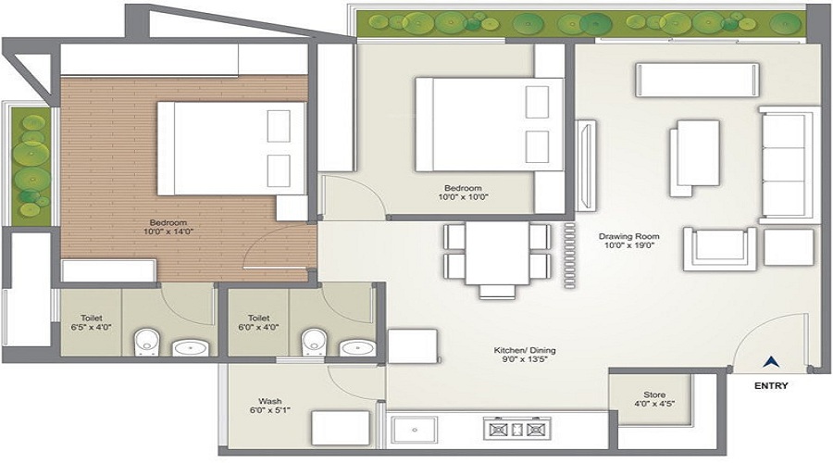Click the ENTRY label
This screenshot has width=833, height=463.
(x=770, y=386)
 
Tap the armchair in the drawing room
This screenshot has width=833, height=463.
(x=716, y=249)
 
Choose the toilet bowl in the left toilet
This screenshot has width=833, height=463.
(x=145, y=342)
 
